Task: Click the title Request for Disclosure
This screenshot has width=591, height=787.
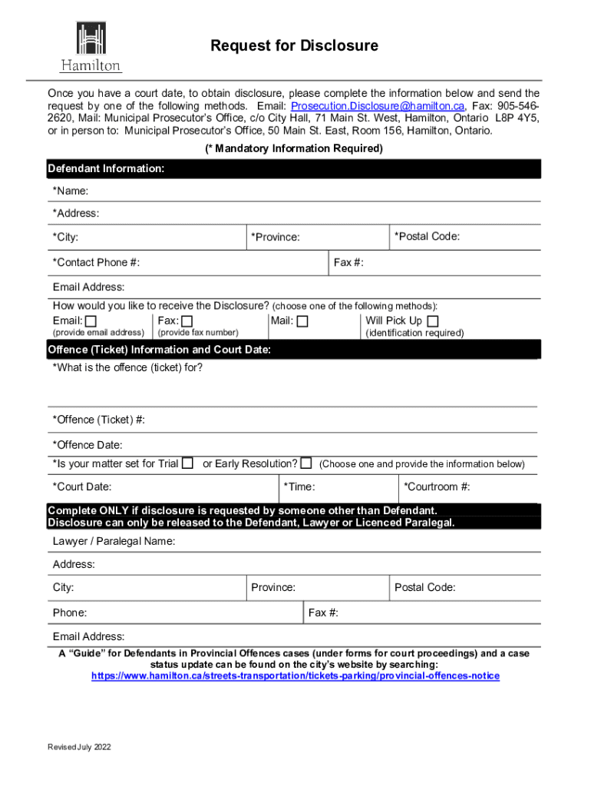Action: point(295,46)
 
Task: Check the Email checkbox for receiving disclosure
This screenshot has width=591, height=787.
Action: point(91,321)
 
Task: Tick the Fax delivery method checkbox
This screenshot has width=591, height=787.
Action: point(187,321)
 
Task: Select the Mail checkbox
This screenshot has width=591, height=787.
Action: point(302,321)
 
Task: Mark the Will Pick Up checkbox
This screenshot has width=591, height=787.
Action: point(433,321)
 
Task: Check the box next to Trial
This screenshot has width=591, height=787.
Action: point(187,463)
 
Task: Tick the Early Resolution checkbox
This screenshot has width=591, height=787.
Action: point(306,463)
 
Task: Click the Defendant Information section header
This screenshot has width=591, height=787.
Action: point(106,168)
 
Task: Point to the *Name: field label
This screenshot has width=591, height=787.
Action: point(71,191)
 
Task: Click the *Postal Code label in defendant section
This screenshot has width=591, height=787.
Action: point(427,237)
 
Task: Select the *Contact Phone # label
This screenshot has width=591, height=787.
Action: point(96,263)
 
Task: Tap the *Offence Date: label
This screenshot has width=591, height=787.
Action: point(87,445)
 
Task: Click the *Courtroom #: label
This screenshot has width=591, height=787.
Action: point(437,486)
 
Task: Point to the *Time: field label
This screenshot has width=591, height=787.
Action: point(299,486)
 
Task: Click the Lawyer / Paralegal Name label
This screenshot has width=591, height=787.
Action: point(114,541)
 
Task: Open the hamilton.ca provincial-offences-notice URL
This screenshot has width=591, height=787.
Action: point(295,676)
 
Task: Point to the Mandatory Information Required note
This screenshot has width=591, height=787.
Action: point(294,148)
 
